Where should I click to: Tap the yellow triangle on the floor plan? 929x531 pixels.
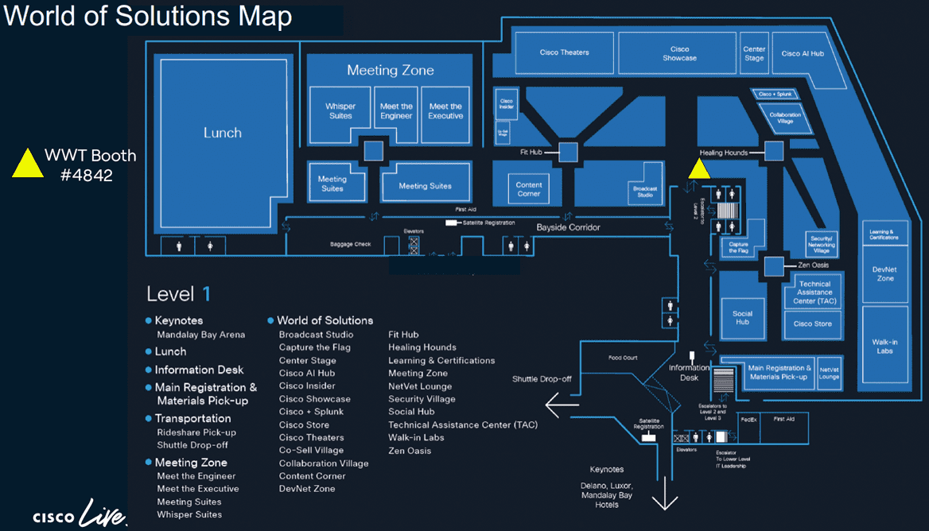point(699,169)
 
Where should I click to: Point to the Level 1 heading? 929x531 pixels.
point(178,294)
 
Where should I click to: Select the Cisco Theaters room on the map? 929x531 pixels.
point(564,52)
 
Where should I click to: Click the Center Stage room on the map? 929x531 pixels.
point(754,53)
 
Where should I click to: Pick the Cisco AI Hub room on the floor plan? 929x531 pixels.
point(803,53)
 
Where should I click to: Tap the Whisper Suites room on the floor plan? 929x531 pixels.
point(340,110)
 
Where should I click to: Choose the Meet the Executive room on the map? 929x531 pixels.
point(445,110)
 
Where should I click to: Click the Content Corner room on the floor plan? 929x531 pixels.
point(529,189)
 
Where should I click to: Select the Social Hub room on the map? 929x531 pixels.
point(742,317)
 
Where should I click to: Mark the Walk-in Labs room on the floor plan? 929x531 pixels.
point(885,347)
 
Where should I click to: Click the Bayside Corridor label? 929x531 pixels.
point(568,227)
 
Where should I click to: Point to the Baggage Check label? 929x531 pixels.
point(350,244)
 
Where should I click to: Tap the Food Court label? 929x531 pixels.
point(623,358)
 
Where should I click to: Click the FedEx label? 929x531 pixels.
point(748,418)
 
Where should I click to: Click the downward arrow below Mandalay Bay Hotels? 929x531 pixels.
point(665,502)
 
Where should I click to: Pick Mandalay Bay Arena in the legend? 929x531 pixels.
point(200,335)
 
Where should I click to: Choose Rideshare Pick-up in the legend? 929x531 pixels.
point(196,432)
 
